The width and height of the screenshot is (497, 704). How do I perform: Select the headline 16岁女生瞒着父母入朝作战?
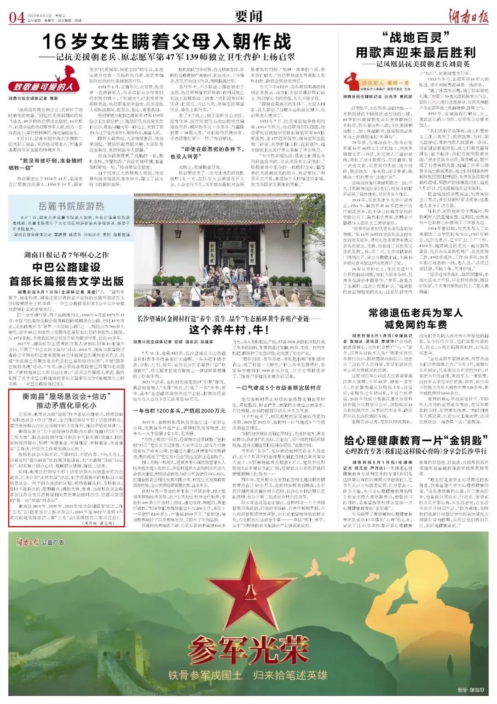pyautogui.click(x=167, y=42)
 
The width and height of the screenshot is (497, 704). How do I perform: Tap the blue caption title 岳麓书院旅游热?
pyautogui.click(x=71, y=206)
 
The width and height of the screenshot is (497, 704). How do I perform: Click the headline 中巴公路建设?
pyautogui.click(x=66, y=268)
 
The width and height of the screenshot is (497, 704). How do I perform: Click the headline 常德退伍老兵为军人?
pyautogui.click(x=415, y=313)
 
